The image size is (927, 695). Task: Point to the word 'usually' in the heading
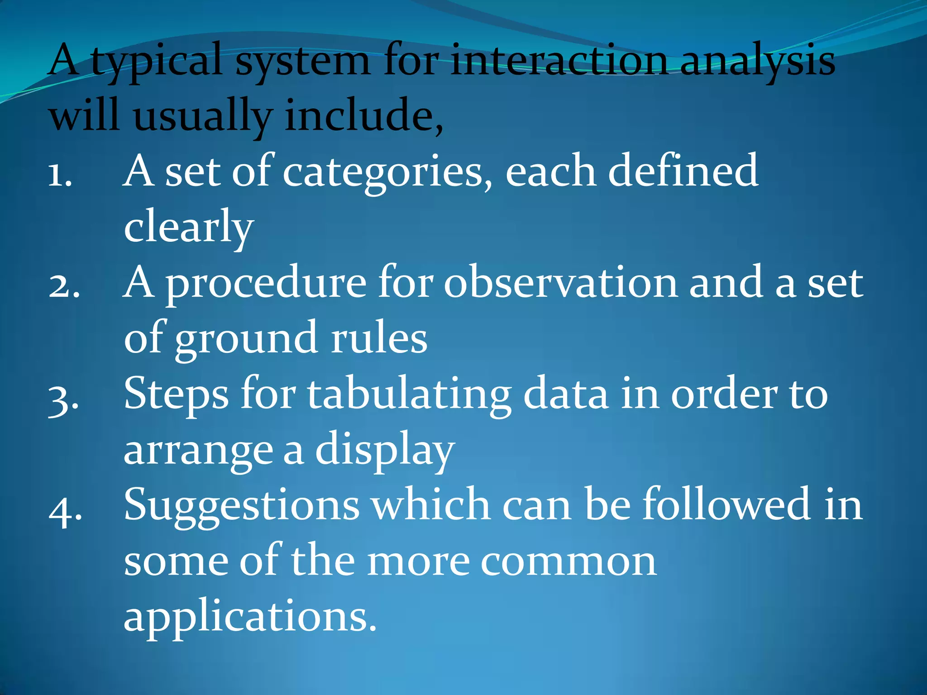point(203,116)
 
